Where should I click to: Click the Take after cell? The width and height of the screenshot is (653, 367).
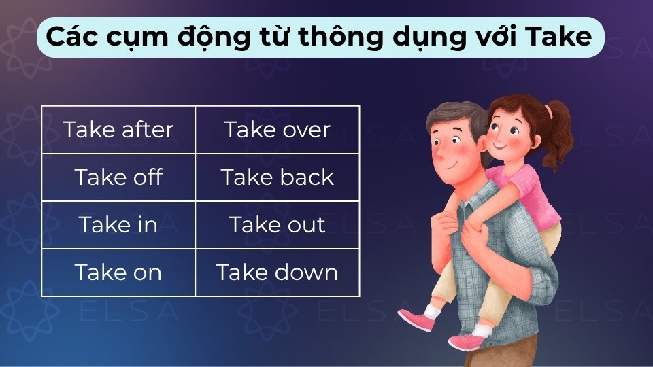118,130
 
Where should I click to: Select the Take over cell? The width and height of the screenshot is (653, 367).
278,130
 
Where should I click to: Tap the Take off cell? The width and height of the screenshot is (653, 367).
118,177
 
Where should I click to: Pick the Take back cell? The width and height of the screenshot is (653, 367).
278,177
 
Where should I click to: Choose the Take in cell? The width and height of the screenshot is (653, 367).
118,225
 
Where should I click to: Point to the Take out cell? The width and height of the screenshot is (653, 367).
278,225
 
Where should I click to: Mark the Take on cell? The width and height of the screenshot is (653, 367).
118,273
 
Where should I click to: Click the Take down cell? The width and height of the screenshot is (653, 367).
278,273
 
